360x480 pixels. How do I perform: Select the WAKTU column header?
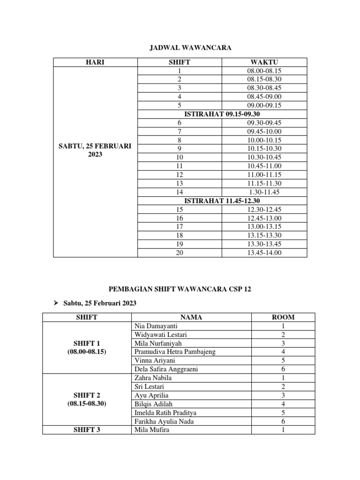pyautogui.click(x=264, y=62)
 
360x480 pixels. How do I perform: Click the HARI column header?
pyautogui.click(x=95, y=62)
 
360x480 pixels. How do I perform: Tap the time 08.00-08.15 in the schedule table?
pyautogui.click(x=264, y=71)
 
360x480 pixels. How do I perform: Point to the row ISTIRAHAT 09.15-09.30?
pyautogui.click(x=222, y=114)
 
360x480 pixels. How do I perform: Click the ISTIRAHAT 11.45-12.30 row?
pyautogui.click(x=222, y=201)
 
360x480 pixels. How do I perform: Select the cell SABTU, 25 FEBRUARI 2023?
pyautogui.click(x=95, y=150)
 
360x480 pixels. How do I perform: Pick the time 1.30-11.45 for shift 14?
pyautogui.click(x=264, y=192)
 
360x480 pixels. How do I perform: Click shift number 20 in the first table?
pyautogui.click(x=180, y=253)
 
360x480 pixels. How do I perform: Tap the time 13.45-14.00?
pyautogui.click(x=264, y=253)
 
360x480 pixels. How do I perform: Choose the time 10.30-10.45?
pyautogui.click(x=264, y=157)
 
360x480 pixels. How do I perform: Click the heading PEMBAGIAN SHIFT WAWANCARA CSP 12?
pyautogui.click(x=180, y=289)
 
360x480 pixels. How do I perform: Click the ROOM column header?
pyautogui.click(x=283, y=317)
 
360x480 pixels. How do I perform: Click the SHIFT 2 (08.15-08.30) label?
pyautogui.click(x=87, y=399)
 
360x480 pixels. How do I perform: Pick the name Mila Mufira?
pyautogui.click(x=151, y=429)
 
